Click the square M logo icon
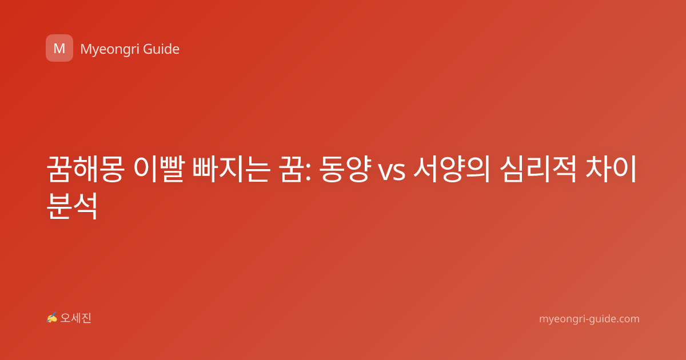(59, 48)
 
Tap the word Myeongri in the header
(110, 50)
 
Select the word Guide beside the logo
(161, 49)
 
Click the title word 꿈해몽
(85, 169)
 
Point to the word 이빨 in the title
(159, 169)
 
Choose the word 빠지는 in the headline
(232, 169)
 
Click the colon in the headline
(308, 173)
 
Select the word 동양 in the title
(345, 169)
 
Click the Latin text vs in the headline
(392, 173)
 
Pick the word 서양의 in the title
(452, 169)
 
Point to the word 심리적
(538, 169)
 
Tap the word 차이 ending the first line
(611, 169)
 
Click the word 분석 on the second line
(72, 206)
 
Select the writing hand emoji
(52, 318)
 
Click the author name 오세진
(75, 318)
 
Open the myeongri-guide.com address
(589, 319)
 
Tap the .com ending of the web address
(627, 319)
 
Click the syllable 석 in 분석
(86, 206)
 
